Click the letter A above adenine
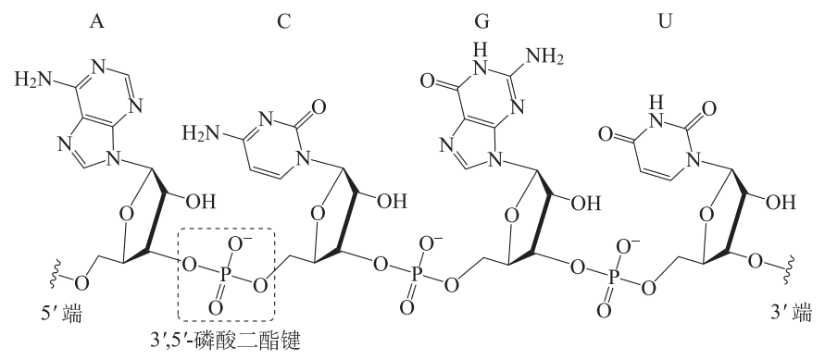click(x=96, y=21)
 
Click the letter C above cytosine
click(x=283, y=21)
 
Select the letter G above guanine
click(x=481, y=21)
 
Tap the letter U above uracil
click(x=666, y=21)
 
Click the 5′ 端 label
click(x=66, y=315)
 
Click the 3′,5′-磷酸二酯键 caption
click(x=225, y=341)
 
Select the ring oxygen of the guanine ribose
click(x=511, y=215)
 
